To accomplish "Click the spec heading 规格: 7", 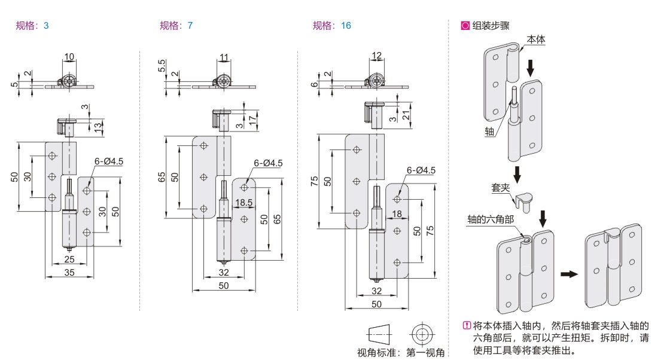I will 176,26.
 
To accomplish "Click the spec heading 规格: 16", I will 331,26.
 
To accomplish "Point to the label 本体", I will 535,39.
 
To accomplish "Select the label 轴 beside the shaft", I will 489,132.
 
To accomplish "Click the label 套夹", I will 500,188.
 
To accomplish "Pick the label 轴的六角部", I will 491,219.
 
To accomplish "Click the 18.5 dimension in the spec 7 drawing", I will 243,203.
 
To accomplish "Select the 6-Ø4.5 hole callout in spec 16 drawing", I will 421,170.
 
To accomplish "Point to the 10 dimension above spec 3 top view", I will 69,57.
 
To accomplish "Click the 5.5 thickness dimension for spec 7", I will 162,65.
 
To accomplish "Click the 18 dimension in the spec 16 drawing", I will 396,213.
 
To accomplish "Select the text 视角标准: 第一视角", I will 401,352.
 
